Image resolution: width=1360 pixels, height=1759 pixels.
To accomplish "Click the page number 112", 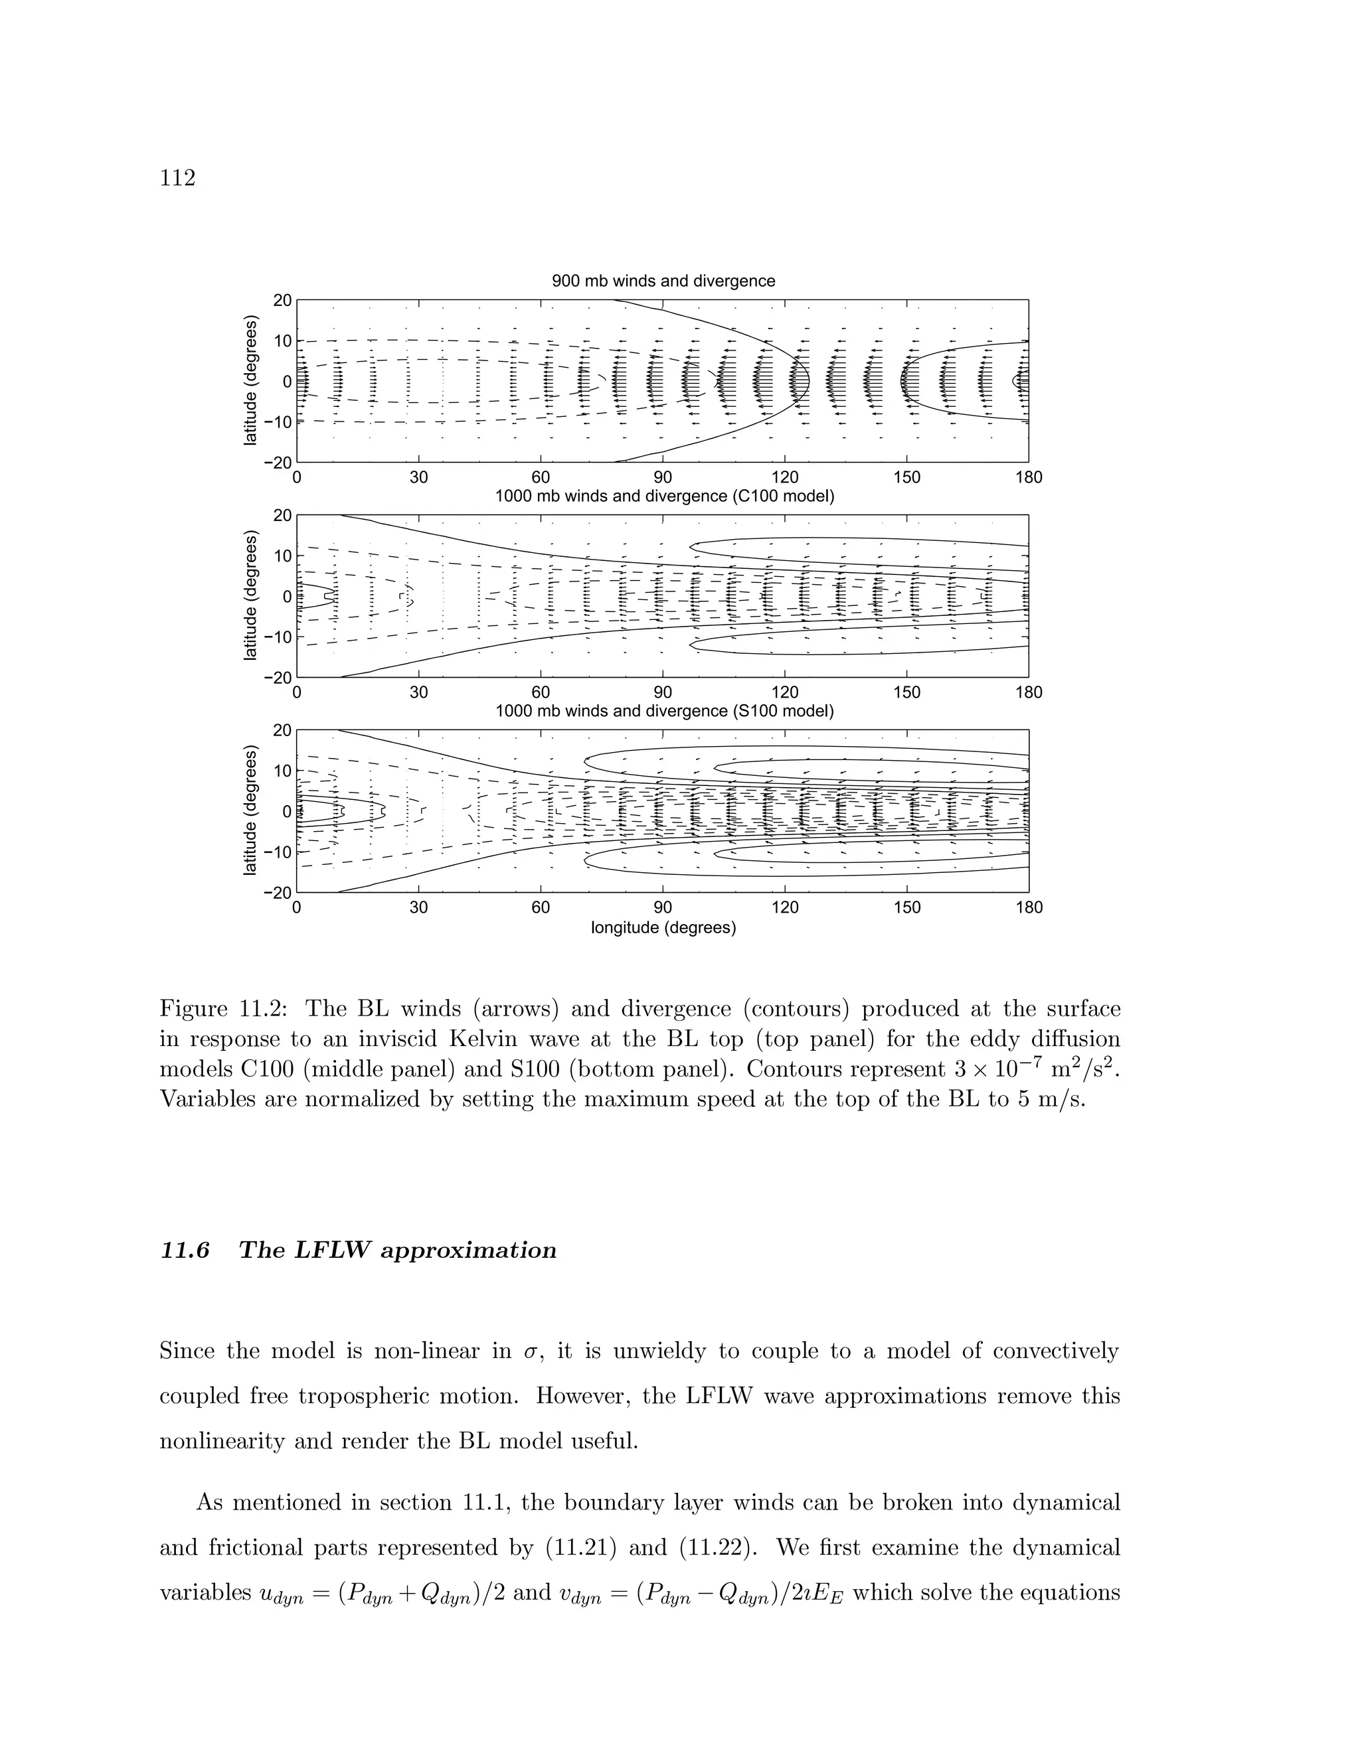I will click(178, 178).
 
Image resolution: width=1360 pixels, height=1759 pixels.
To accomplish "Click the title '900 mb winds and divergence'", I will click(663, 281).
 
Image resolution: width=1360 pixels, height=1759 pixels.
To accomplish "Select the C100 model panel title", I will click(664, 496).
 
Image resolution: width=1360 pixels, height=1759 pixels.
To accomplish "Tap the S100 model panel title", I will click(664, 711).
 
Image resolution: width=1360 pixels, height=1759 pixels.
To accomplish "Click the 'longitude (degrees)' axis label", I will click(663, 928).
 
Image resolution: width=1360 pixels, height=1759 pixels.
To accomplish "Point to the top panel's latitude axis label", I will click(250, 382).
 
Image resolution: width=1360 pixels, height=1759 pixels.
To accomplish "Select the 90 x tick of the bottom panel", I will click(662, 907).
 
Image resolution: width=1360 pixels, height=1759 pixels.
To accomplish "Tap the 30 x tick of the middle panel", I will click(419, 692).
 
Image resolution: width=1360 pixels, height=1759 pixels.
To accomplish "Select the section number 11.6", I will click(185, 1251).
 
